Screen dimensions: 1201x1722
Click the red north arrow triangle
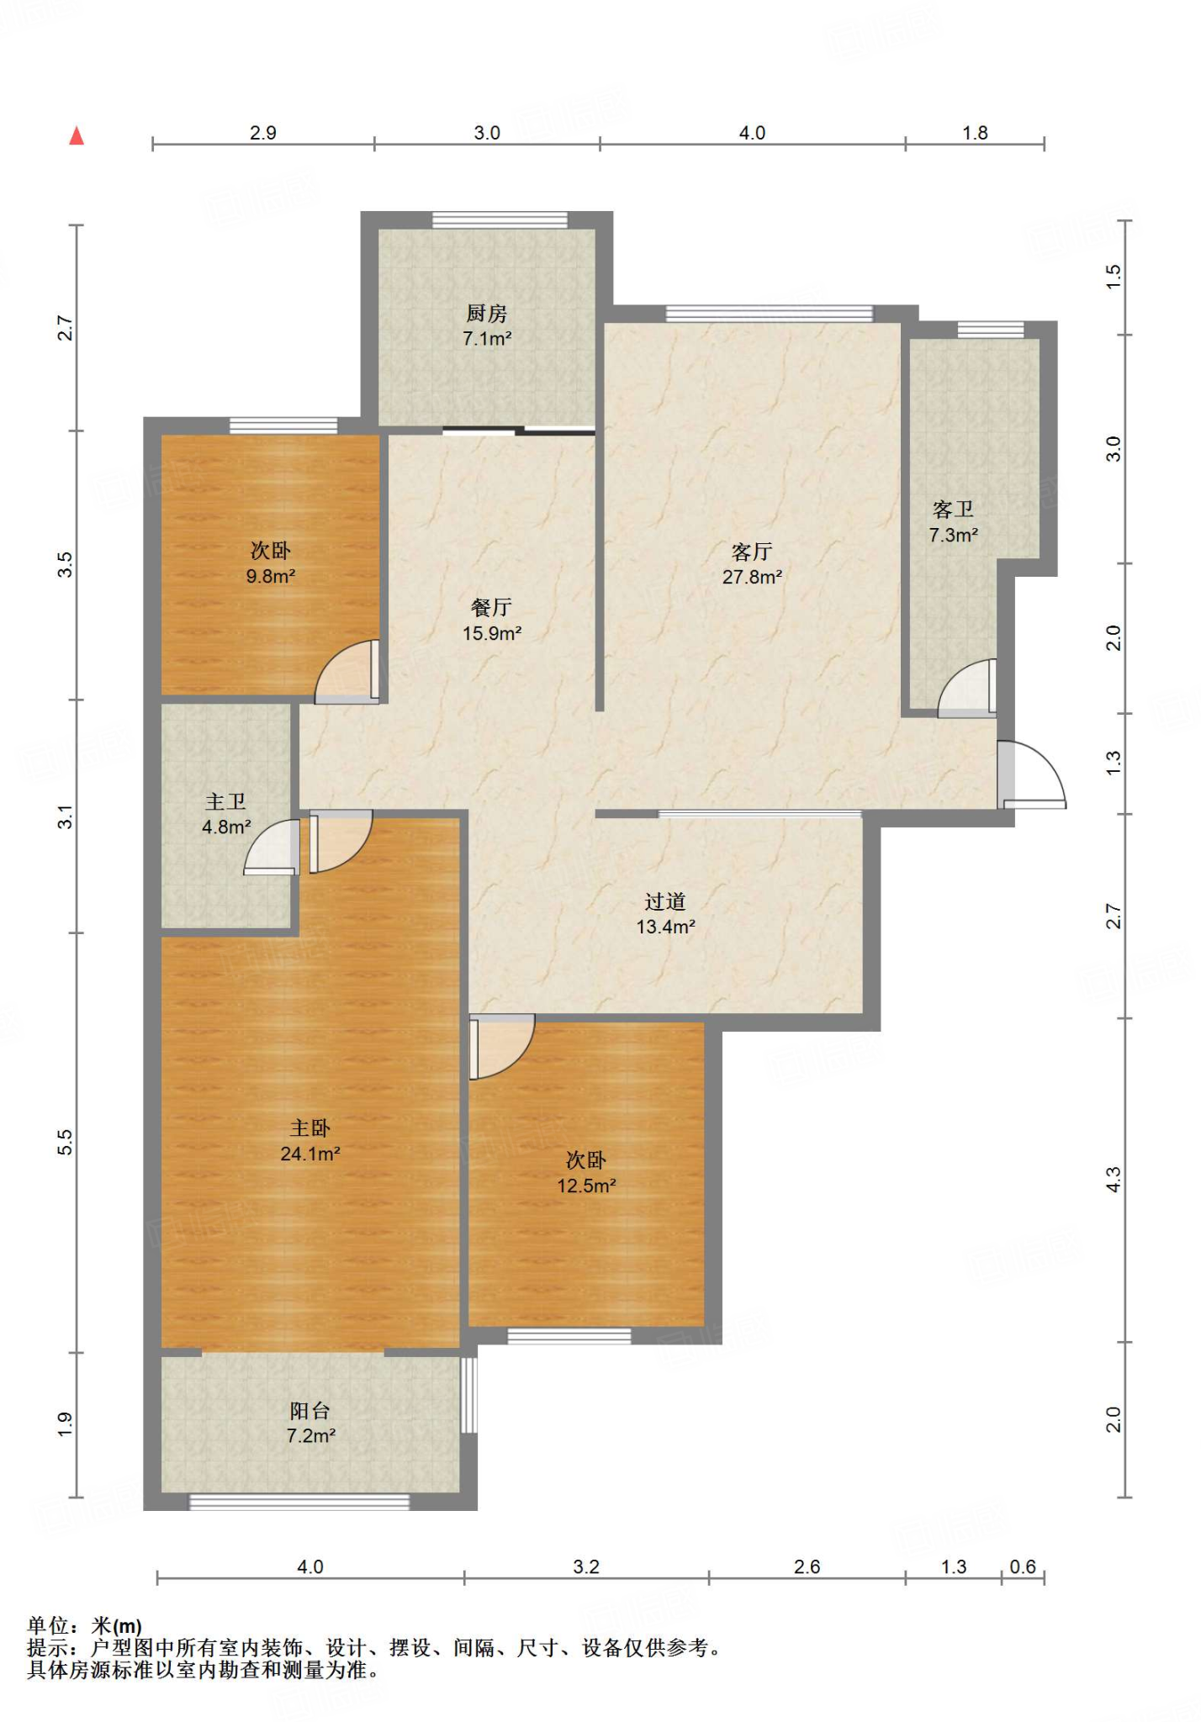[77, 135]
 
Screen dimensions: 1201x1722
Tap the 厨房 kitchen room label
[487, 314]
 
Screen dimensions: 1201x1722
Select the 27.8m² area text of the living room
[752, 577]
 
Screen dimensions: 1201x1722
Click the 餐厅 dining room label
[491, 607]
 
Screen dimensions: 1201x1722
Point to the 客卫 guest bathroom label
[953, 510]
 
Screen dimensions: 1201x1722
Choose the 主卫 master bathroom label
[225, 801]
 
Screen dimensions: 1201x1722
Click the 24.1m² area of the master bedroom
[310, 1154]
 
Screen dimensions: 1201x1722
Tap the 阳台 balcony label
[310, 1410]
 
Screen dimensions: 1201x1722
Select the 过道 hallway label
[665, 901]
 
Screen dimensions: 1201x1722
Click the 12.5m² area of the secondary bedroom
[586, 1186]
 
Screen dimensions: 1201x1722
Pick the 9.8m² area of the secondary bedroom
[270, 577]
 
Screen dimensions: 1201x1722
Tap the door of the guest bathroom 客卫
[967, 689]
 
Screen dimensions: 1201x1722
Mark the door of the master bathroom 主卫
[272, 848]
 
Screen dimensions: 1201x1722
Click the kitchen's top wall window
[500, 220]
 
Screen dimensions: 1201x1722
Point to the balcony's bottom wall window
[299, 1502]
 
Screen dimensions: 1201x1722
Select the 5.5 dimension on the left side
[66, 1142]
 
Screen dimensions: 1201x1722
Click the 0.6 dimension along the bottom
[1023, 1567]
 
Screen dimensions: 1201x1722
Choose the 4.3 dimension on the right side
[1114, 1180]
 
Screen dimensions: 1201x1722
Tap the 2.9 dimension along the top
[263, 133]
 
